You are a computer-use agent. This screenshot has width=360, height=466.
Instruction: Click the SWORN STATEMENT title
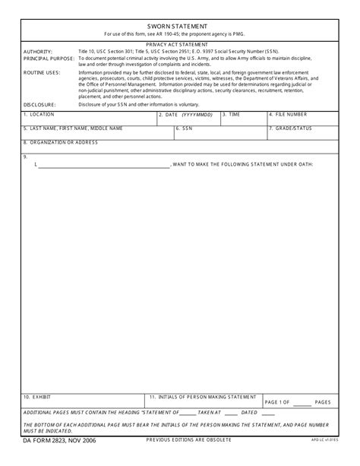click(180, 25)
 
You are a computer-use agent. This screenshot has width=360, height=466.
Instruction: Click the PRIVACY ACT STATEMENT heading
click(180, 45)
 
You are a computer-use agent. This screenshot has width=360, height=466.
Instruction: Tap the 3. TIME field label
click(232, 114)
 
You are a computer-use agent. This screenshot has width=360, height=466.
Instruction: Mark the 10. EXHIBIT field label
click(37, 397)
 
